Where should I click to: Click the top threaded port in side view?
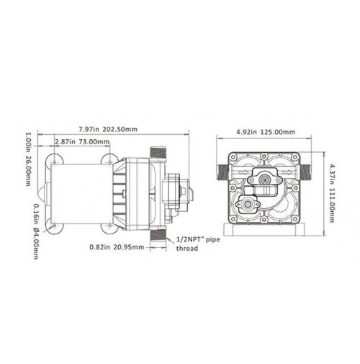159,153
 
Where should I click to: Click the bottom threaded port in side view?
159,234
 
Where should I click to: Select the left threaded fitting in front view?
222,172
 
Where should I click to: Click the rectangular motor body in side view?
79,193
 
